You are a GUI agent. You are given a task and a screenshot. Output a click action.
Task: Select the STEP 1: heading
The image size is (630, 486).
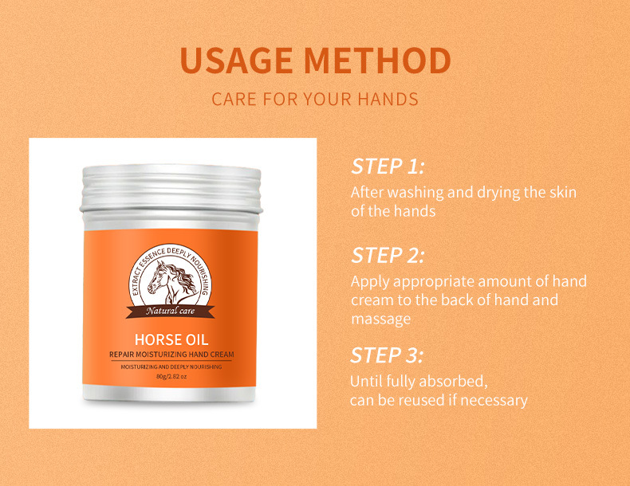click(x=388, y=167)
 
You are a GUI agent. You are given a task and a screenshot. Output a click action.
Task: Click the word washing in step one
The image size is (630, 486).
click(x=412, y=193)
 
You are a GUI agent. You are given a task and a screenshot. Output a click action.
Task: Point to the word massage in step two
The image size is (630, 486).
click(x=380, y=319)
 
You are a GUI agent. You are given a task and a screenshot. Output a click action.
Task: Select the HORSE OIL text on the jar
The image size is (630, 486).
click(x=171, y=340)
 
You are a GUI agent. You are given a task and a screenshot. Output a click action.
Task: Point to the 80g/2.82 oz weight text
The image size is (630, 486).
click(x=171, y=377)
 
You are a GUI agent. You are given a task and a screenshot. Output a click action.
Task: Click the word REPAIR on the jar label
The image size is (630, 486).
click(x=124, y=353)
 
